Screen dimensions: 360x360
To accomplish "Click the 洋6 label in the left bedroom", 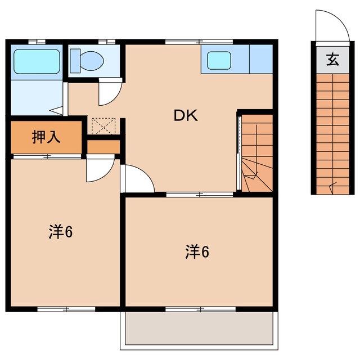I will (x=61, y=231).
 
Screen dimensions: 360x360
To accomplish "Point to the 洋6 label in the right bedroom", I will (x=197, y=252).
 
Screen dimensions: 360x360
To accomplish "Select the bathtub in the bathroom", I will (x=36, y=61).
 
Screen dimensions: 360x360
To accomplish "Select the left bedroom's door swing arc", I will (x=100, y=170).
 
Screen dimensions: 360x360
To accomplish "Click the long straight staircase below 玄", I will (x=332, y=135).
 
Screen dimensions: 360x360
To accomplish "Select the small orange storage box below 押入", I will (x=103, y=146).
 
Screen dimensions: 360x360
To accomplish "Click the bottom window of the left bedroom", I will (x=66, y=309).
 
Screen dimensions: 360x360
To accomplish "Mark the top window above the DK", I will (x=199, y=42).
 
